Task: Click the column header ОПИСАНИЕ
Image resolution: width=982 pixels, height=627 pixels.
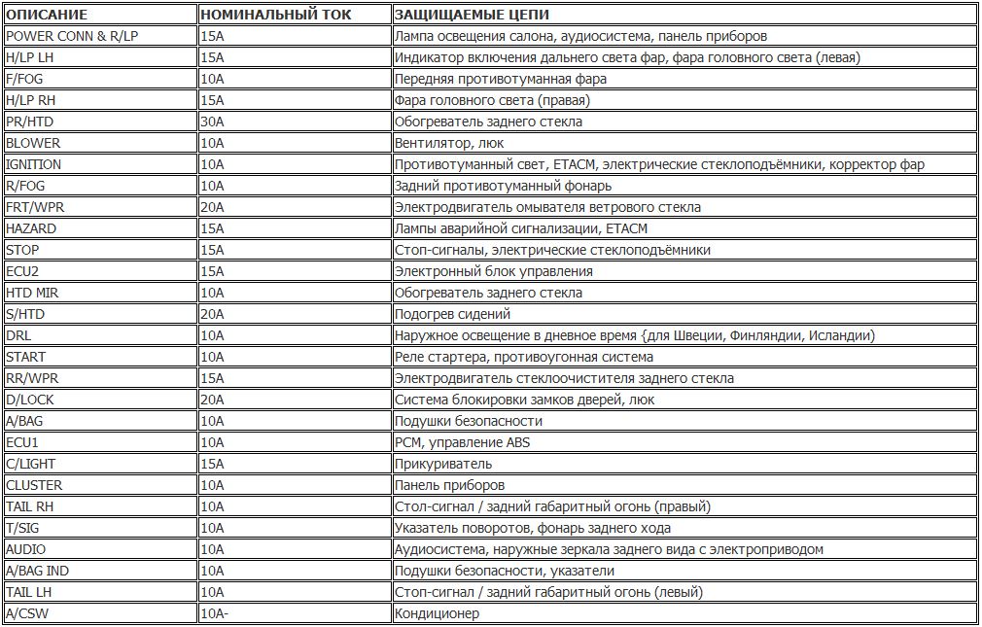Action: (46, 15)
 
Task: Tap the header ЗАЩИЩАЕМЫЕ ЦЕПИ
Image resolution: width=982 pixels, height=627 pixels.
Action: (471, 15)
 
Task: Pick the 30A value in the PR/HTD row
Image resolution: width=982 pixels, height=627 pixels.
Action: (212, 122)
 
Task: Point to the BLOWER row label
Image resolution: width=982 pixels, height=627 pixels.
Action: (33, 143)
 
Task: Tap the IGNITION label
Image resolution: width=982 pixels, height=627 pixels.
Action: (33, 164)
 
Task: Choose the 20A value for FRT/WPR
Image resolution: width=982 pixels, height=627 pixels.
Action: (212, 207)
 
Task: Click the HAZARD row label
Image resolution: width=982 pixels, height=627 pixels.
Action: (31, 228)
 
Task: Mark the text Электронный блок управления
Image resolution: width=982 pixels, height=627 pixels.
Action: (493, 271)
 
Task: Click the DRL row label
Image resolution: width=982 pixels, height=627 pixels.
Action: (18, 335)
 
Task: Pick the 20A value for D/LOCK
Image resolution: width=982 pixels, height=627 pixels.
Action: (212, 400)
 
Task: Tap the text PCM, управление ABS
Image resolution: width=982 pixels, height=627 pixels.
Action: (462, 442)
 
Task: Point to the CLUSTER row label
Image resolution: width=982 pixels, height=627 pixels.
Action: (34, 485)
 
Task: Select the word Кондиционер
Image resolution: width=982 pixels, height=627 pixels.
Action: (437, 613)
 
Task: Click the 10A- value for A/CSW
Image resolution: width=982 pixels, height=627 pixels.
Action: (214, 613)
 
